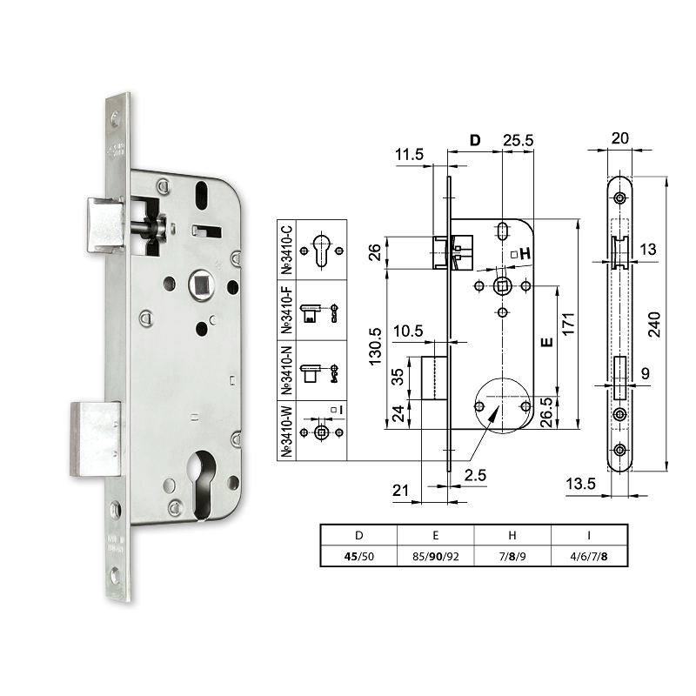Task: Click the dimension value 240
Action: coord(657,325)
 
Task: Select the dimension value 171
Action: coord(568,323)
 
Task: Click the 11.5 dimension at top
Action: coord(408,154)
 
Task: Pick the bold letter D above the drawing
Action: coord(475,141)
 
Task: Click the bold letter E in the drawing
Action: coord(546,342)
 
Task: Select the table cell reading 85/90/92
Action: coord(435,556)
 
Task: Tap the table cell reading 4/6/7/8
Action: coord(588,556)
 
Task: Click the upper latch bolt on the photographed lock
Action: coord(104,223)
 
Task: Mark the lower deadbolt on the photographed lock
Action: coord(95,438)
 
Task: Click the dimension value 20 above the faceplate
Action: coord(619,138)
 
